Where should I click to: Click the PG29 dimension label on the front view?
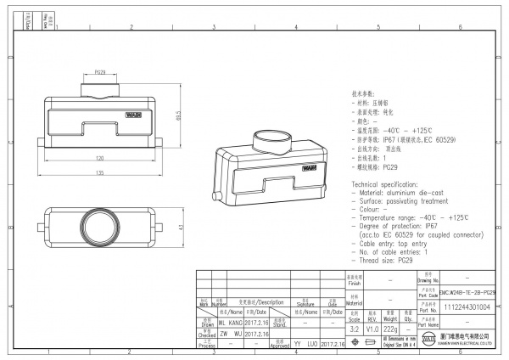[100, 73]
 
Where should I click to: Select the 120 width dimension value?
[100, 159]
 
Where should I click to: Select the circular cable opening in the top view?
[99, 228]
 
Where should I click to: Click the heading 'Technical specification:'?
[387, 183]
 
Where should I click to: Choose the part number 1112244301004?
[467, 307]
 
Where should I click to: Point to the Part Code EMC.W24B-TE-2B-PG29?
[467, 291]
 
